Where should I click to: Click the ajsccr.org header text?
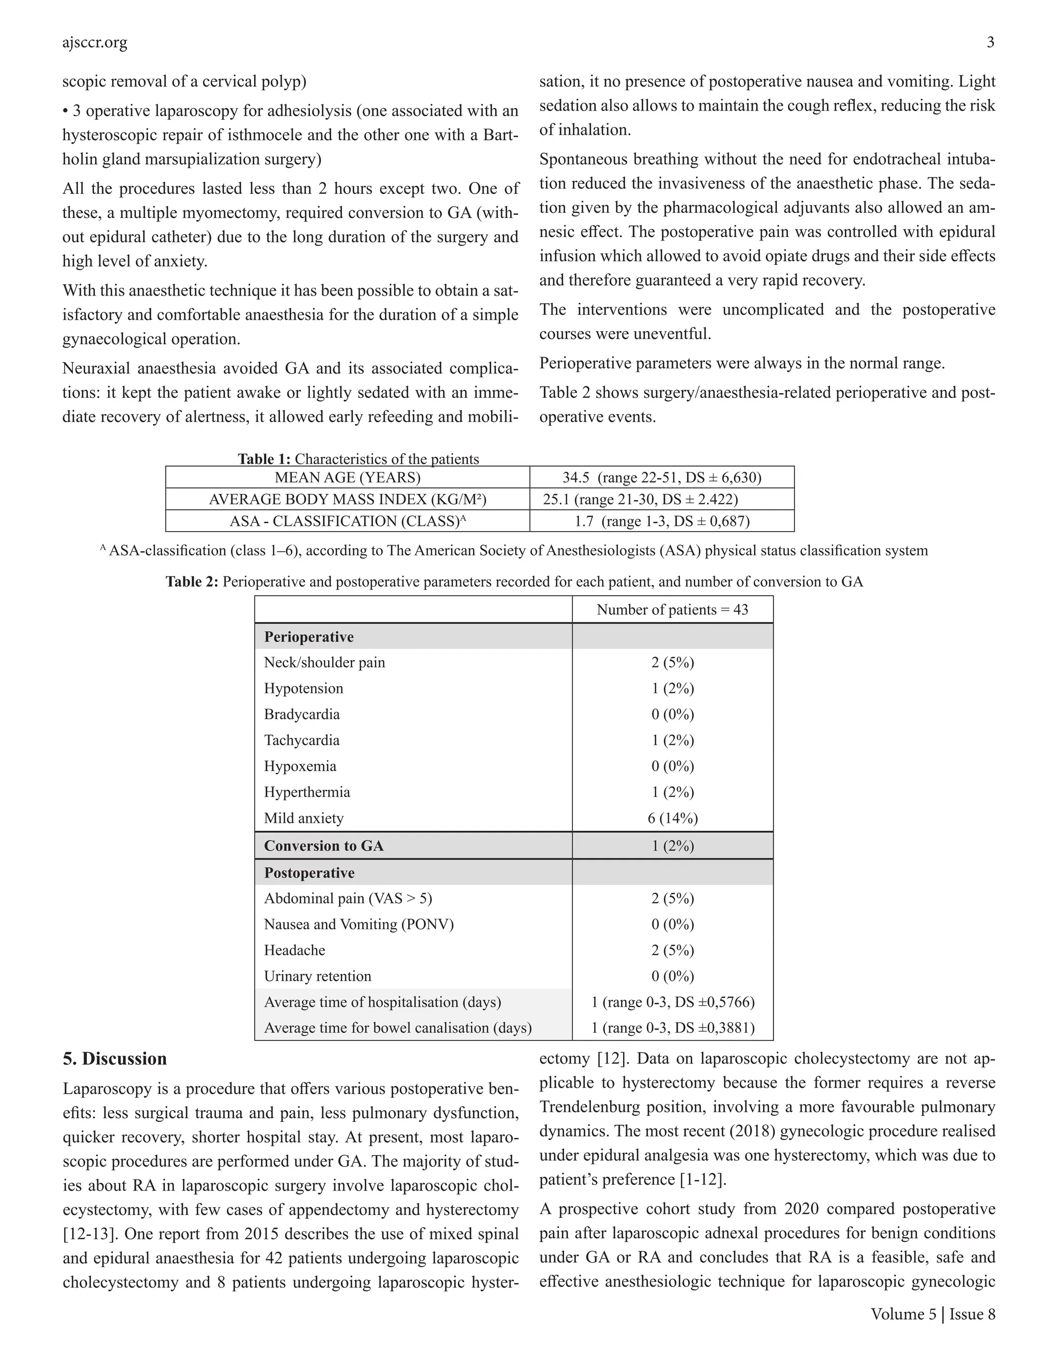tap(95, 43)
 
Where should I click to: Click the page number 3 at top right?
tap(990, 43)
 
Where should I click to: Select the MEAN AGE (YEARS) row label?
tap(347, 478)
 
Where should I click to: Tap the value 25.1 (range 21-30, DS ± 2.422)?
tap(640, 500)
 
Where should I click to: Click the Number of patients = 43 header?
tap(672, 610)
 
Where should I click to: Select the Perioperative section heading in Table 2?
tap(308, 637)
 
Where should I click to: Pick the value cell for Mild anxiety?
tap(672, 818)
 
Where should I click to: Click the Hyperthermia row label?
tap(306, 792)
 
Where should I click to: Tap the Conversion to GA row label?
tap(323, 846)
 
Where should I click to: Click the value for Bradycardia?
tap(672, 714)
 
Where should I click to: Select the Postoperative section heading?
tap(309, 873)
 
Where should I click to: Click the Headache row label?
tap(294, 950)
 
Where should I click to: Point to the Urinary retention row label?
tap(317, 976)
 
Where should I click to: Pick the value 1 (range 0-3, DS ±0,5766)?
tap(673, 1002)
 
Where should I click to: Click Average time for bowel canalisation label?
tap(397, 1028)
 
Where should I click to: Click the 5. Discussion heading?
tap(115, 1059)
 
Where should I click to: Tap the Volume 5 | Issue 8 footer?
tap(932, 1314)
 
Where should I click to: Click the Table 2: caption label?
tap(192, 582)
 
